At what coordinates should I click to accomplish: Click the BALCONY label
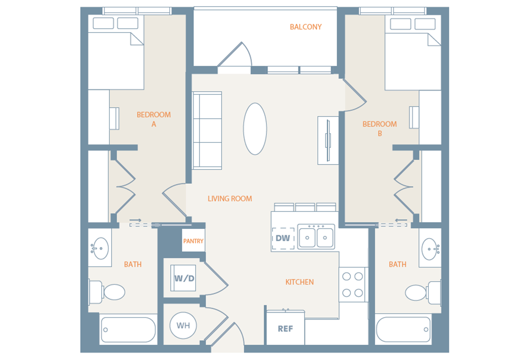click(306, 27)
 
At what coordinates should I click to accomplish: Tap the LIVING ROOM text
click(230, 199)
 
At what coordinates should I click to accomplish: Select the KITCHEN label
click(300, 282)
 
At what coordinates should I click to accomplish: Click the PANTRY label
click(193, 241)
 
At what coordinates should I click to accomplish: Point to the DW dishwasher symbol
click(283, 239)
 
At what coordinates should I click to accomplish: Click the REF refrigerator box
click(285, 328)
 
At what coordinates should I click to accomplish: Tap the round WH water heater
click(183, 326)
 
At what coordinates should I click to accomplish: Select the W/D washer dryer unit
click(183, 278)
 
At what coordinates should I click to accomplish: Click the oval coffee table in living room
click(255, 129)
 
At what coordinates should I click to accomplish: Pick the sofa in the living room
click(207, 131)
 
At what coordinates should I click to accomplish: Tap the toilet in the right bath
click(423, 293)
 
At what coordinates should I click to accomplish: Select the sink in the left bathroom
click(100, 248)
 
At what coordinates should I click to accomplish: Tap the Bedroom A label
click(154, 119)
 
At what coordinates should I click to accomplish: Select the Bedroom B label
click(380, 129)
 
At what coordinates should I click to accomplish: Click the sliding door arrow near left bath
click(135, 220)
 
